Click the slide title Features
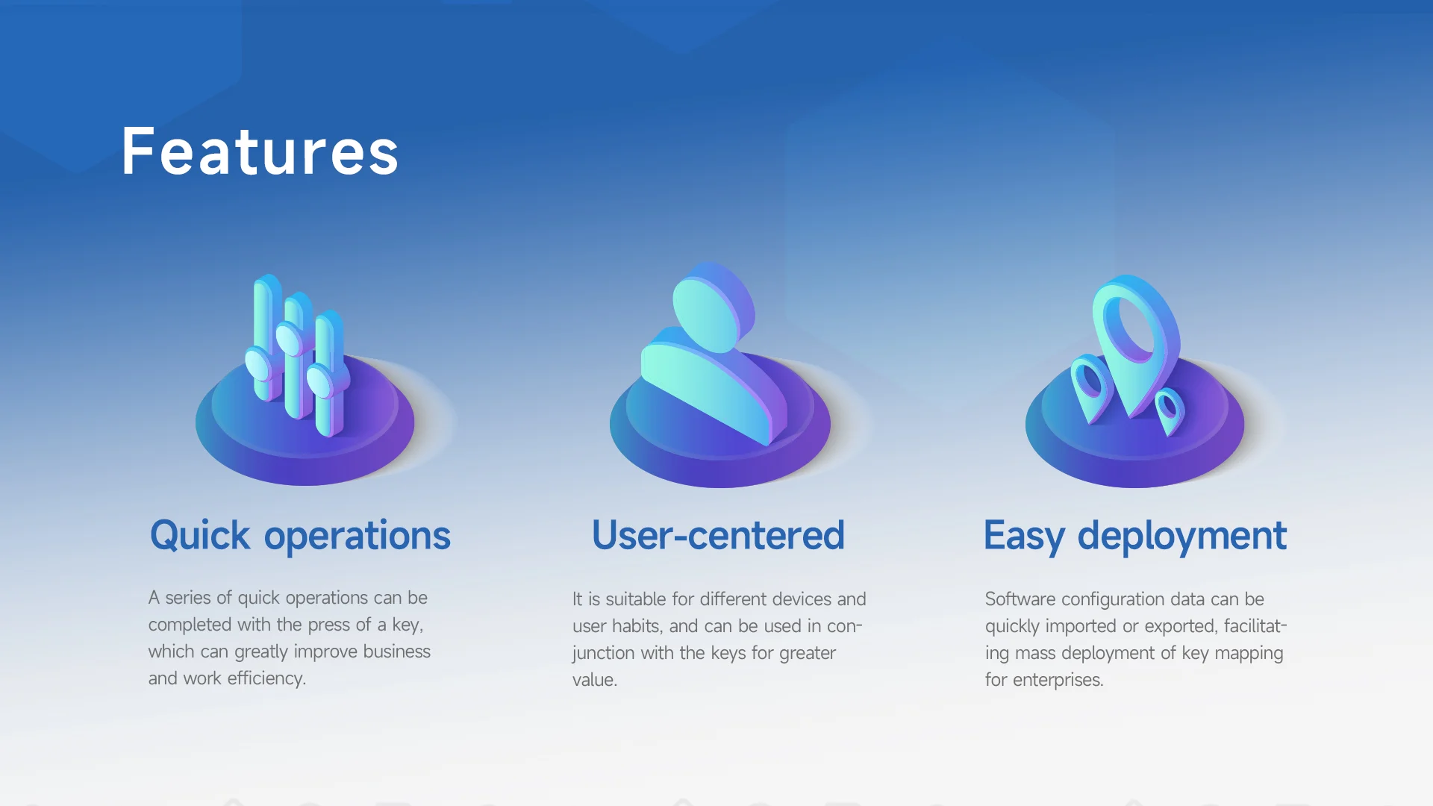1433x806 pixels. click(260, 152)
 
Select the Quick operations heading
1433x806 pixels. click(300, 536)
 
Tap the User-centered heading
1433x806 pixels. click(718, 535)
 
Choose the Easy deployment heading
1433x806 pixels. click(1135, 536)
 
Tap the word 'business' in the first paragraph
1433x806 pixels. click(396, 652)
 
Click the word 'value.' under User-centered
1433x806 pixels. click(595, 680)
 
